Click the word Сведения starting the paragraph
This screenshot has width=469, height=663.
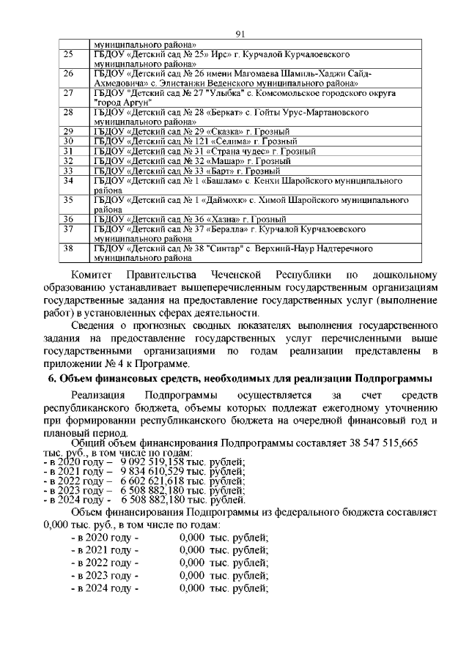pos(99,324)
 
